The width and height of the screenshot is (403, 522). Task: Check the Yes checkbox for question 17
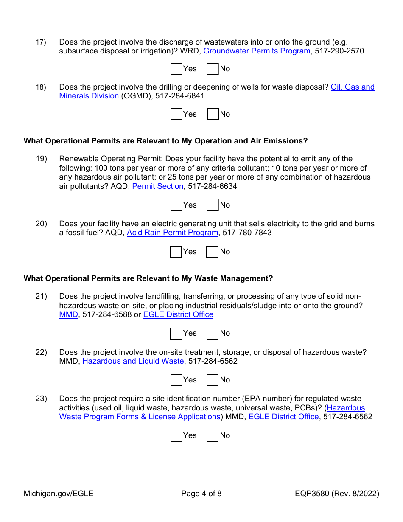tap(176, 69)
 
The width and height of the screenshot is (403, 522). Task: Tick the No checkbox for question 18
tap(213, 114)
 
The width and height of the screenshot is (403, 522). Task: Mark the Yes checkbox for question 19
tap(176, 205)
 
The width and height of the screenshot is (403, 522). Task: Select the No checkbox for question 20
tap(212, 252)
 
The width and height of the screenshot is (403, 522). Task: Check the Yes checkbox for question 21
tap(176, 334)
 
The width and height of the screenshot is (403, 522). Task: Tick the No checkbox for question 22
tap(213, 380)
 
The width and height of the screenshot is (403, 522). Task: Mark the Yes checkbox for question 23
tap(176, 435)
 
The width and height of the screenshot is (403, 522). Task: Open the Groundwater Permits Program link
tap(257, 51)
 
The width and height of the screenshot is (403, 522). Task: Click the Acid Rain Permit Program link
tap(172, 233)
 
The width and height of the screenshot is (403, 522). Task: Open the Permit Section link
tap(158, 186)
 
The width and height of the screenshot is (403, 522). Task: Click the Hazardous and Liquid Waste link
tap(133, 361)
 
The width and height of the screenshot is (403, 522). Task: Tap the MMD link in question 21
tap(68, 314)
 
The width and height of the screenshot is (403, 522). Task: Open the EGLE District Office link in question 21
tap(178, 314)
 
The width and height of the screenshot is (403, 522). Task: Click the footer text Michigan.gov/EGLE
tap(59, 494)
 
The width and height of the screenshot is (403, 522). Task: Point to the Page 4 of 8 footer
tap(201, 494)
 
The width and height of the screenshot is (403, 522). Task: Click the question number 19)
tap(41, 159)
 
